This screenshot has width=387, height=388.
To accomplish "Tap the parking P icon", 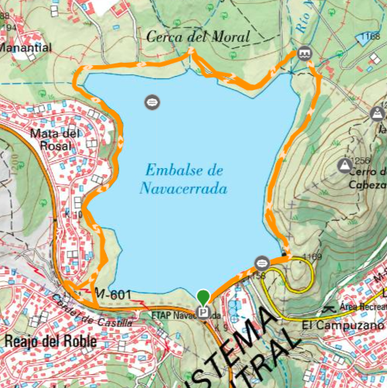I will point(204,313).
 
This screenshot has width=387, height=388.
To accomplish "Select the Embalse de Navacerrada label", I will point(183,178).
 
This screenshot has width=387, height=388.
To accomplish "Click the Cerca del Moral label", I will point(198,36).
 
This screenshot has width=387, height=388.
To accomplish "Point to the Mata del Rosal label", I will point(55,139).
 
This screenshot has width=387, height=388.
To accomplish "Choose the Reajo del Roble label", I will point(50,341).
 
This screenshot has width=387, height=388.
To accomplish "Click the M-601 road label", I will point(112,294).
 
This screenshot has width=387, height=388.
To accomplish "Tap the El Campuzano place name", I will point(343,325).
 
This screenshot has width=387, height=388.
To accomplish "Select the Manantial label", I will point(27,47).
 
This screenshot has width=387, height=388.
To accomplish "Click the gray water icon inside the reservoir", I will point(152,101).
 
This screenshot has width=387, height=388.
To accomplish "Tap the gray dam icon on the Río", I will point(304,53).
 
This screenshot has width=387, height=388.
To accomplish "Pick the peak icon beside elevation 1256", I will point(344,165).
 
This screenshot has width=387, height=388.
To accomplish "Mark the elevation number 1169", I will point(312,256).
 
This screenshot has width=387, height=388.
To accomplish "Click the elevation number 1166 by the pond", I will point(369,36).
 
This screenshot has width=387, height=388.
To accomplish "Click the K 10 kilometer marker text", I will point(73,215).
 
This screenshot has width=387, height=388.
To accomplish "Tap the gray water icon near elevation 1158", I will point(262,261).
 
